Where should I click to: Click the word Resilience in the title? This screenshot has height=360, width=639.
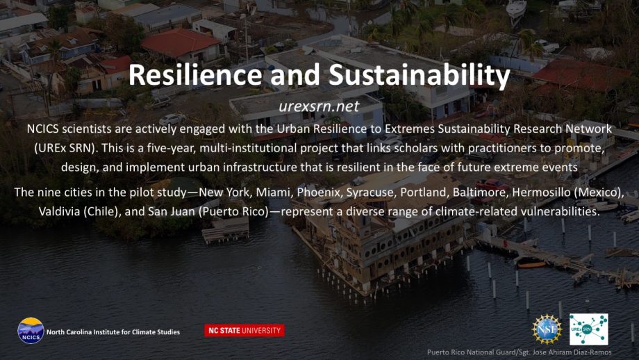[x=194, y=74]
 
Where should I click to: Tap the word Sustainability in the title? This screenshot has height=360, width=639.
[x=420, y=76]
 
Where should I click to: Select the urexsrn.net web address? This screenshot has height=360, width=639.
[x=319, y=106]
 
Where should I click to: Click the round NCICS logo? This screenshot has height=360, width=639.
[x=31, y=331]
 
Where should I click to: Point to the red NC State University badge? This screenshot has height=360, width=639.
[x=244, y=331]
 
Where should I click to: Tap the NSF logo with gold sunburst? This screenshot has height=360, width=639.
[x=547, y=329]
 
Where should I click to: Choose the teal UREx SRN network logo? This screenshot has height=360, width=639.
[x=588, y=329]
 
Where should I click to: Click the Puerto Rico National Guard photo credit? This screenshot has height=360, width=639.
[x=520, y=352]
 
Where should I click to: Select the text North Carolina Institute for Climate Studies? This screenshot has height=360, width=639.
[x=113, y=332]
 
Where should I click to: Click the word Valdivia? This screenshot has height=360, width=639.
[x=59, y=211]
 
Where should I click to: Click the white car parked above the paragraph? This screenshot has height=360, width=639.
[x=172, y=119]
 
